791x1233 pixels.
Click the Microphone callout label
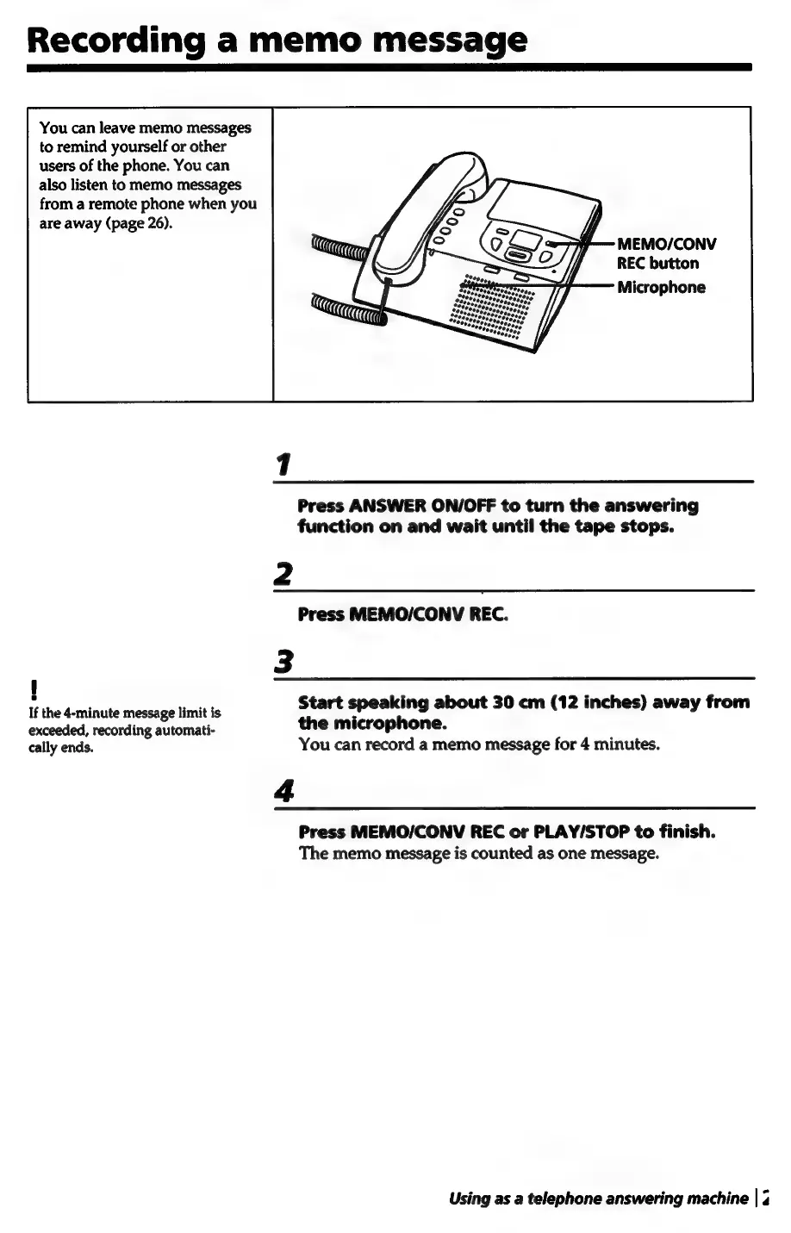click(661, 287)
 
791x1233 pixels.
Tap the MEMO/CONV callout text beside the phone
click(666, 244)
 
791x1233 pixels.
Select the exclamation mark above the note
click(32, 690)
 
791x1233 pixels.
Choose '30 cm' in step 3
click(513, 702)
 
